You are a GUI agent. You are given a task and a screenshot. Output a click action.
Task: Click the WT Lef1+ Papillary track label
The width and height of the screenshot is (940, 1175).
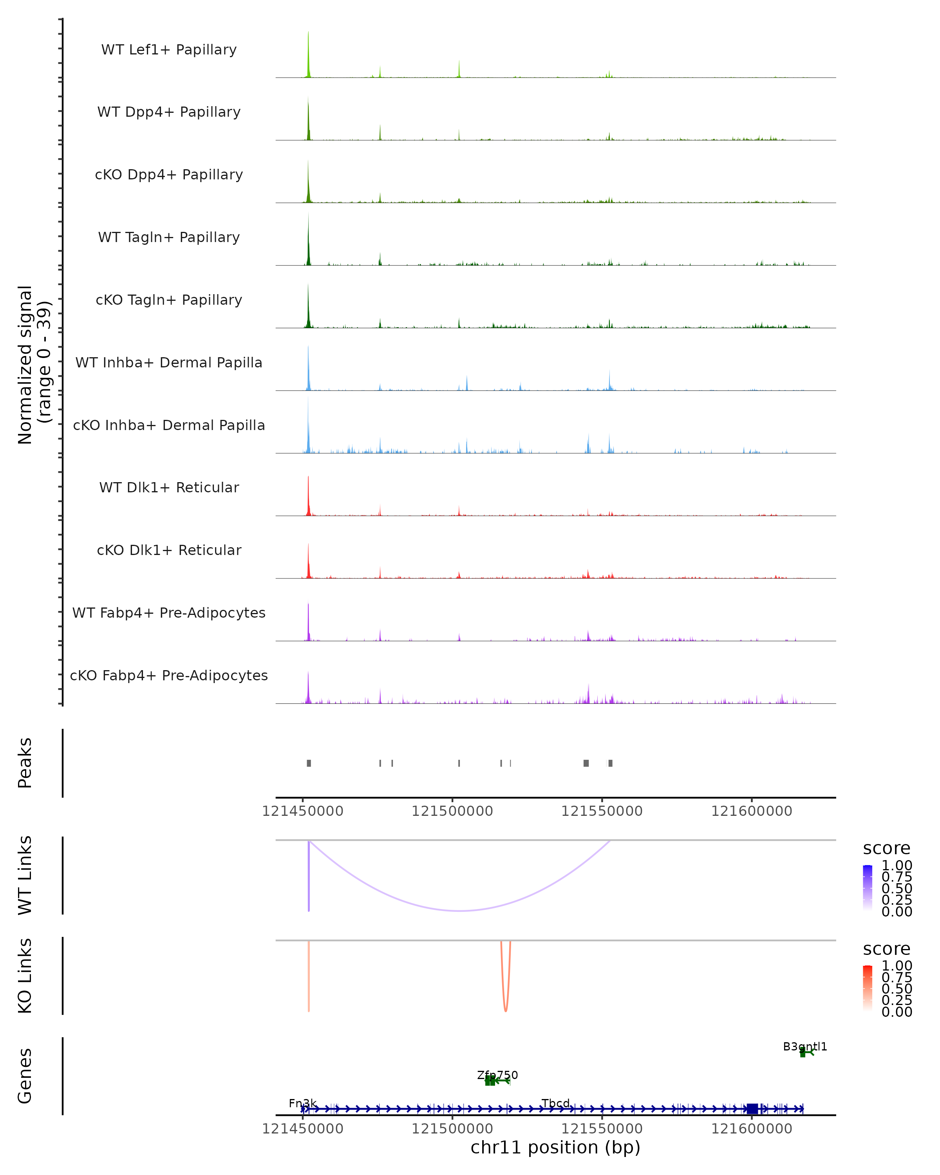point(169,50)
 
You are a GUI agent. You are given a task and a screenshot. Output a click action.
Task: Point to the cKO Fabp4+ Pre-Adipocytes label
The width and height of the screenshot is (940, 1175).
point(169,675)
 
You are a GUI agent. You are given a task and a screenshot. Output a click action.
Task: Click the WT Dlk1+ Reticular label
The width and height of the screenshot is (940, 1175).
point(169,487)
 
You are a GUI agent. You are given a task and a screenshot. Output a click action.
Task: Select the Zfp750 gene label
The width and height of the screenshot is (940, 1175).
point(497,1075)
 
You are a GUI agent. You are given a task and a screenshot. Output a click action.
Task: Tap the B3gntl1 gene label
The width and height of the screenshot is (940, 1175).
point(805,1047)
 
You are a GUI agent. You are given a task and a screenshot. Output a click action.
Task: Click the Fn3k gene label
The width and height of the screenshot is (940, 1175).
point(302,1104)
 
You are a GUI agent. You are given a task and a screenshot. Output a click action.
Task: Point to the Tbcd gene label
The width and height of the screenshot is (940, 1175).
point(556,1104)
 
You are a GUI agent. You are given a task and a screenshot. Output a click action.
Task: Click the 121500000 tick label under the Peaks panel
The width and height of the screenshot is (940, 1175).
point(452,811)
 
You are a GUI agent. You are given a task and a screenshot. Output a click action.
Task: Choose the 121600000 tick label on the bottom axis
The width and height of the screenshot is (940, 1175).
point(752,1129)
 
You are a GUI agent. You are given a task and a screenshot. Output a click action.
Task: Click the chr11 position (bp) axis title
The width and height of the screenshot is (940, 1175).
point(555,1148)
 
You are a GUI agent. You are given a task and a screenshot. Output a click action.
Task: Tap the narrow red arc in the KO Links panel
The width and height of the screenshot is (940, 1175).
point(506,1009)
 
